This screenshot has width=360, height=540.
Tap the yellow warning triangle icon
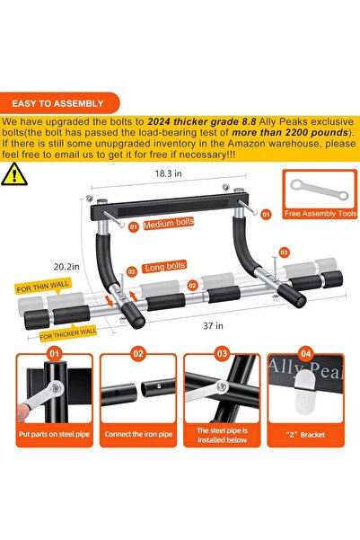[x=15, y=173]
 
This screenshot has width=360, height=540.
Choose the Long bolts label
[x=164, y=267]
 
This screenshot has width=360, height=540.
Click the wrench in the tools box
[x=316, y=191]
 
